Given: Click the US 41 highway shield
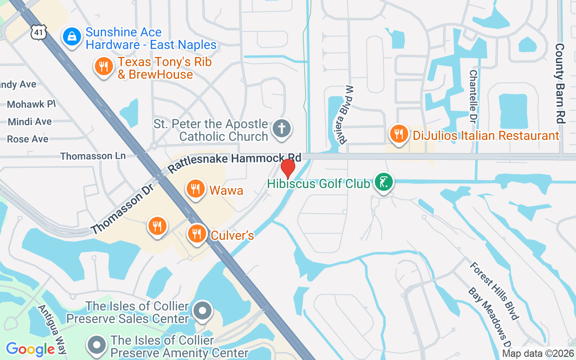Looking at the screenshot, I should point(38,31).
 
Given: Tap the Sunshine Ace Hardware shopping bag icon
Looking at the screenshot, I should point(72,37).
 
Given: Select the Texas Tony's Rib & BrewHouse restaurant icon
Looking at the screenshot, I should point(103,67).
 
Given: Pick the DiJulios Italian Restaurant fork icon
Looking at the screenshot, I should point(398,134).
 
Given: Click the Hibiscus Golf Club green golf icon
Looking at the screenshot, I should point(383,183).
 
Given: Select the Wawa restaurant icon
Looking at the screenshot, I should point(195,189).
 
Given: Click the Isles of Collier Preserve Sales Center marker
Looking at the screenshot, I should point(202,310).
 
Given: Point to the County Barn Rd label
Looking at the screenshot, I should point(560,83).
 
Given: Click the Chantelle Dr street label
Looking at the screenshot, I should point(473,96).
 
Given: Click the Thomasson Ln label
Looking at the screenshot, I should point(93,156).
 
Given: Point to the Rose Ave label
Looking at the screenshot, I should point(27,139).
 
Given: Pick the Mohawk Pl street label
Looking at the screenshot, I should point(31,104).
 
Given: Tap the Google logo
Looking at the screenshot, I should point(30,349).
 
